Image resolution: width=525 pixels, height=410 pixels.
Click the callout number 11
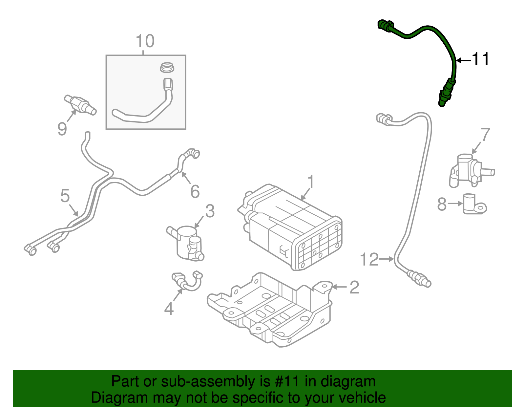[481, 60]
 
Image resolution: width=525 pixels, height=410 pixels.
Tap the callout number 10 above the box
[145, 41]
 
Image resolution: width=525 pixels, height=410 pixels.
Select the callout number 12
[369, 259]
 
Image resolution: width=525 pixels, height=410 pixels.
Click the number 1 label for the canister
[311, 182]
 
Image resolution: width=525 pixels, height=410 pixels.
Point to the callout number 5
[65, 196]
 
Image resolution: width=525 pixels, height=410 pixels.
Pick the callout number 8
[442, 204]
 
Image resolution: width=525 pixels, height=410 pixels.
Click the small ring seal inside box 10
[167, 68]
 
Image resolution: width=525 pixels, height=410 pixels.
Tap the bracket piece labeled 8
[474, 205]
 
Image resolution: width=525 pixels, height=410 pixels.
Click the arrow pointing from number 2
[340, 287]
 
